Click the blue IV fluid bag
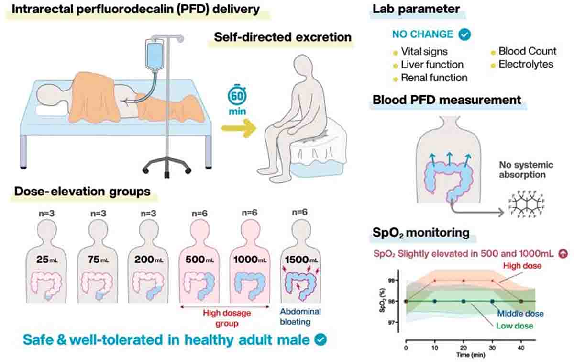[154, 56]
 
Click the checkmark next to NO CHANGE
[464, 34]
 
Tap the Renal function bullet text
[434, 77]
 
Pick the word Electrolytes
[525, 64]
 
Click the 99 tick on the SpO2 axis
[396, 280]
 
